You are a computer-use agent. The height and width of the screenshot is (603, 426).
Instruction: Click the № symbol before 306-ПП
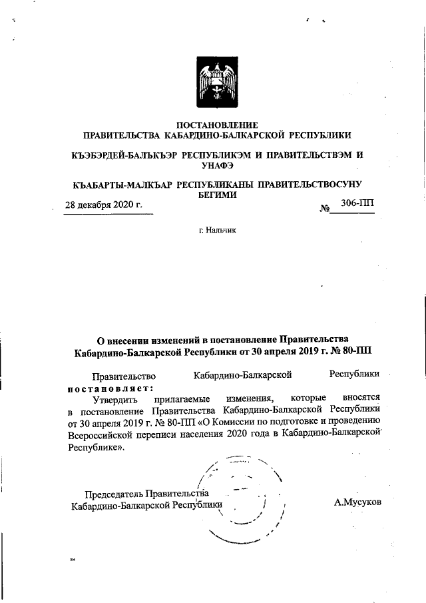click(325, 209)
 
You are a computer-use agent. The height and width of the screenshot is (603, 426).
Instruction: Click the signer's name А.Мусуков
click(357, 500)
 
